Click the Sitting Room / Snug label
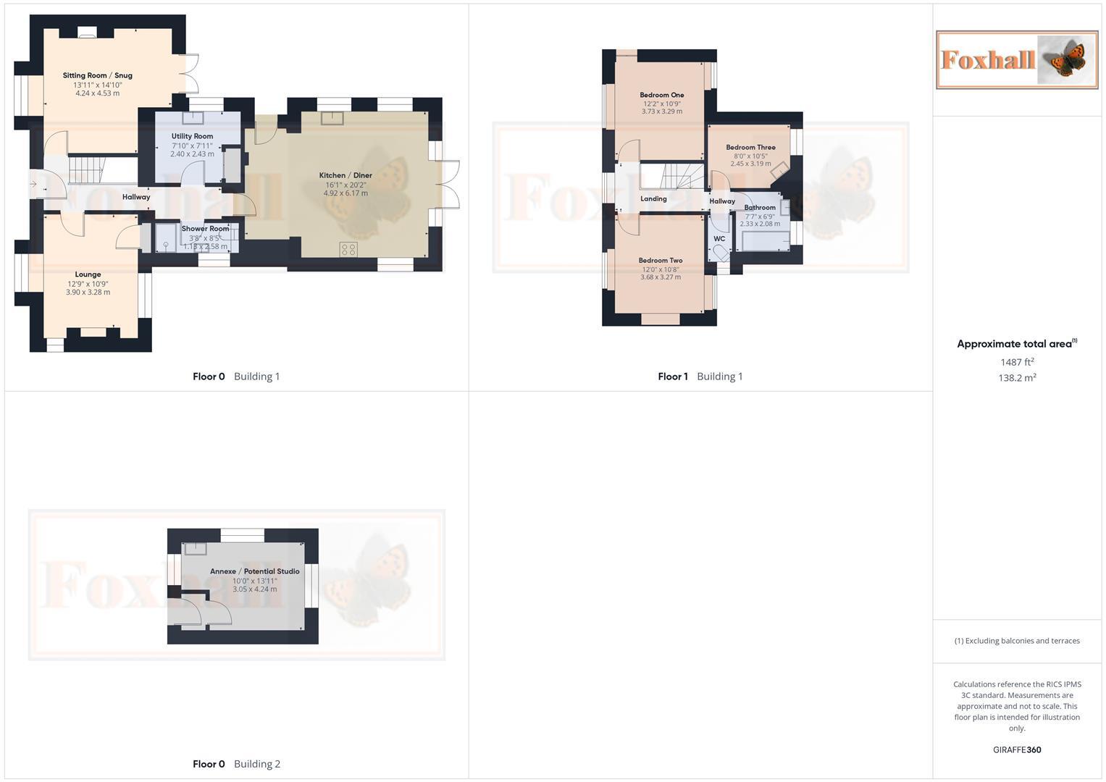[x=97, y=75]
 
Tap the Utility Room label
[x=192, y=136]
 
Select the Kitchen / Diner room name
[x=345, y=175]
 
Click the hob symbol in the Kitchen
[x=348, y=249]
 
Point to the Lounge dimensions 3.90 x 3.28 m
[x=88, y=293]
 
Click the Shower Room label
[x=205, y=229]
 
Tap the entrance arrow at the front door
[x=33, y=185]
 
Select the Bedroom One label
[x=661, y=95]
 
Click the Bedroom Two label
[x=660, y=261]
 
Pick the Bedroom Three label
[x=750, y=147]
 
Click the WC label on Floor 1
[x=719, y=239]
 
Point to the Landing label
[x=653, y=198]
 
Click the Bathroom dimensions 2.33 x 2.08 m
[x=760, y=224]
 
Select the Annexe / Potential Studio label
[x=254, y=571]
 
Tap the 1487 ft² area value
[x=1017, y=362]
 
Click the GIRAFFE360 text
[x=1017, y=750]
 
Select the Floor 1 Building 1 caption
[x=700, y=377]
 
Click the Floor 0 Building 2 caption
[x=236, y=764]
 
